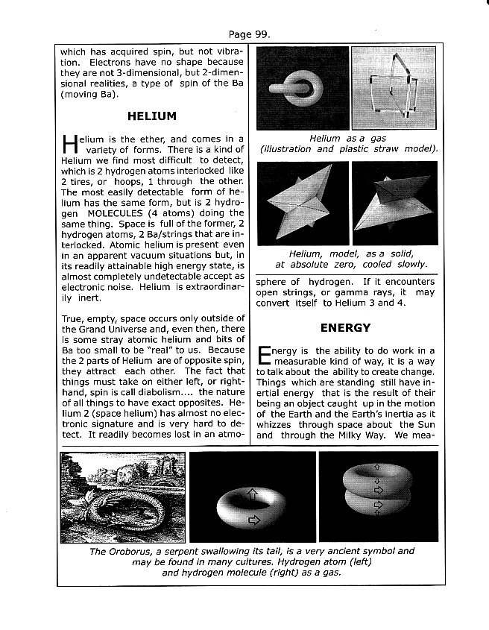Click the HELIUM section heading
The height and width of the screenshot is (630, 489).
tap(152, 116)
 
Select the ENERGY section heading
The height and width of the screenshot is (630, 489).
tap(345, 327)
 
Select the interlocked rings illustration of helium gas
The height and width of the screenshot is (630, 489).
tap(303, 89)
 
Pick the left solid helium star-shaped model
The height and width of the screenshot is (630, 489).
tap(303, 203)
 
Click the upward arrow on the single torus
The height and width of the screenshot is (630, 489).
tap(252, 494)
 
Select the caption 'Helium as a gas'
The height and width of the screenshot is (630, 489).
tap(345, 138)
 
